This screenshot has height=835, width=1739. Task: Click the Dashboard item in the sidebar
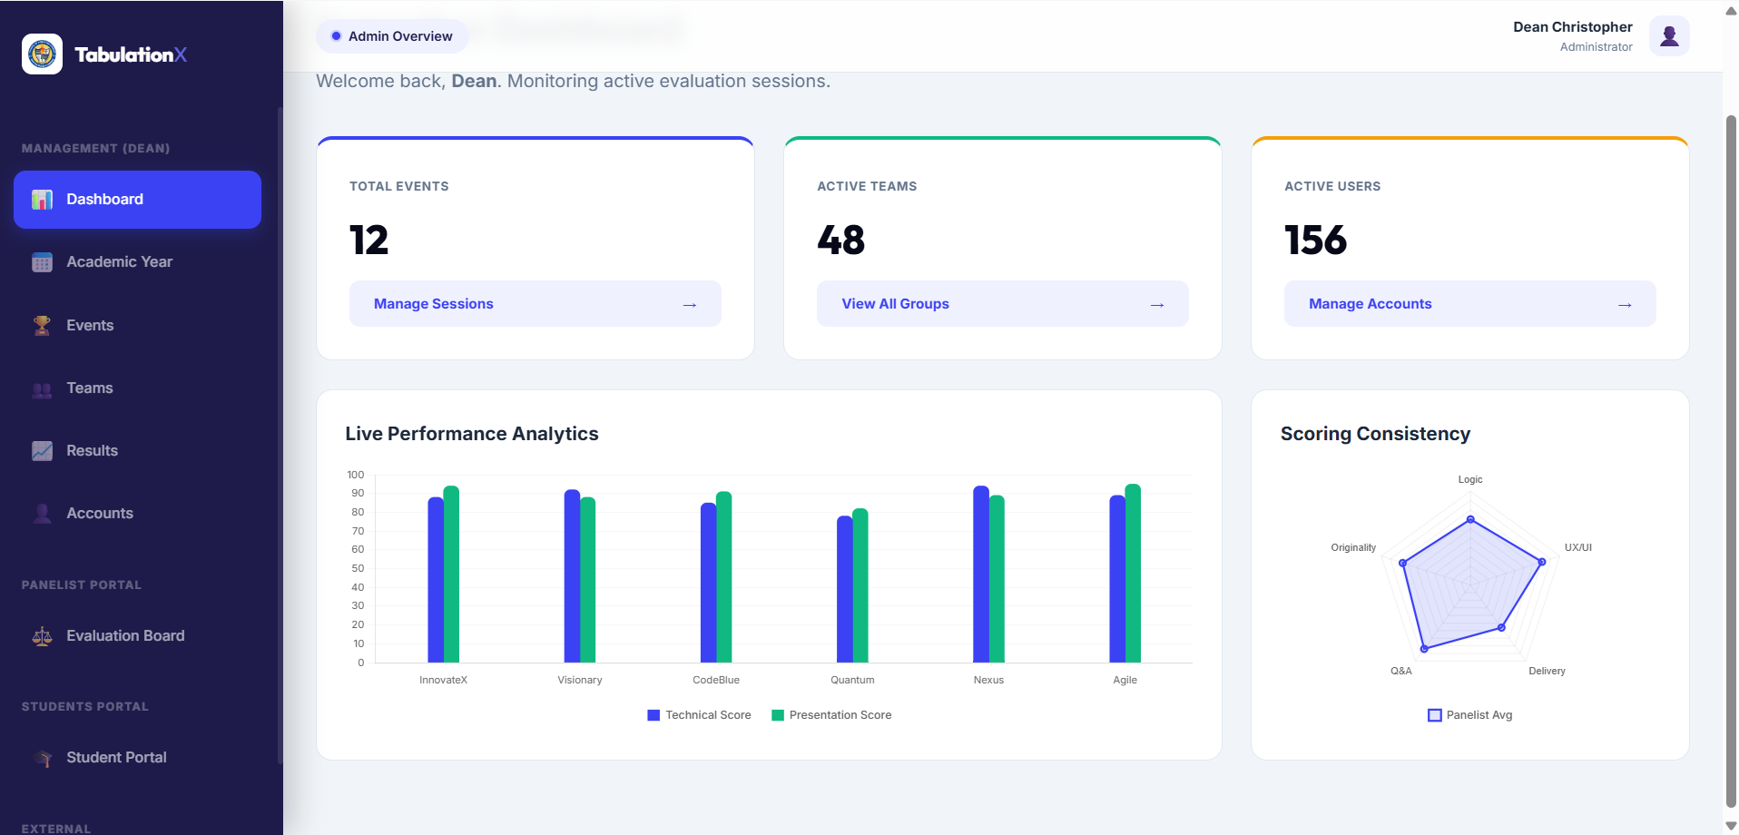[137, 200]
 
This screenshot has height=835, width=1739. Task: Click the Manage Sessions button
[535, 304]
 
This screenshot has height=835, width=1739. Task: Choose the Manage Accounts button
[1469, 304]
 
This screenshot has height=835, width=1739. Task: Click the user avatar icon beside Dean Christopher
[1669, 36]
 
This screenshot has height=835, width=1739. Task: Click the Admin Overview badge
[392, 36]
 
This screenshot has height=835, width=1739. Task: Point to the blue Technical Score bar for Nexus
[981, 575]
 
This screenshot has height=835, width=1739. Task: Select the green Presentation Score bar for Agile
[1133, 574]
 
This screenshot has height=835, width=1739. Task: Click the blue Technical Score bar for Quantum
[844, 589]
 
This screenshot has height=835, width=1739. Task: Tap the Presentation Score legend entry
[831, 715]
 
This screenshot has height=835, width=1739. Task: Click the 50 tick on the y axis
[358, 568]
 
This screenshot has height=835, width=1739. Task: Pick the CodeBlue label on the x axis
[716, 680]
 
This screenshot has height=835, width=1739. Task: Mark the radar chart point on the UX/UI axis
[1541, 562]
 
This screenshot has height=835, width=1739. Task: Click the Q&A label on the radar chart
[1401, 671]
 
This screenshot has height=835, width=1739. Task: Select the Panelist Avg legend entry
[1470, 715]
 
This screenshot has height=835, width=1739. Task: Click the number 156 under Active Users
[1315, 241]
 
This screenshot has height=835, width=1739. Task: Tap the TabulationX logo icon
[42, 54]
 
